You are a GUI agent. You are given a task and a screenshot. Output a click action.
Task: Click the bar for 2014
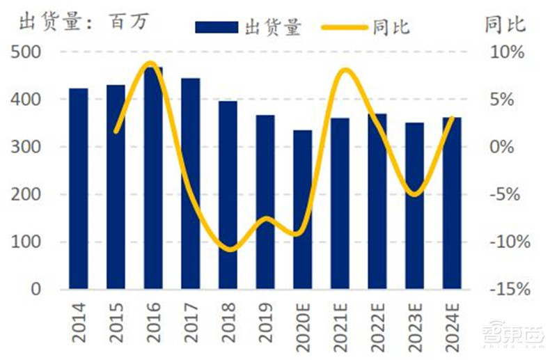click(79, 188)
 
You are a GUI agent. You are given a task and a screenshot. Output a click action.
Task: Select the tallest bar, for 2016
click(153, 178)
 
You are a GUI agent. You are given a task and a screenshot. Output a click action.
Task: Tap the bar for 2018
click(228, 195)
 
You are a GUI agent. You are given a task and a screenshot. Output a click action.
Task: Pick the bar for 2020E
click(302, 209)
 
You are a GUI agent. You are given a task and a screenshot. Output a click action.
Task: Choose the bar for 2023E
click(415, 205)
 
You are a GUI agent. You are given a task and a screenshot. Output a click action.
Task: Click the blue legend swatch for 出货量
click(217, 27)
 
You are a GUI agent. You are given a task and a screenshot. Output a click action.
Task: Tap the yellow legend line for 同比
click(344, 27)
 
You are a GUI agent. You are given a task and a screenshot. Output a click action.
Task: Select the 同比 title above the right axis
click(505, 24)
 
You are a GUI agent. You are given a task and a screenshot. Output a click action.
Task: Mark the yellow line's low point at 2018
click(229, 249)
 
